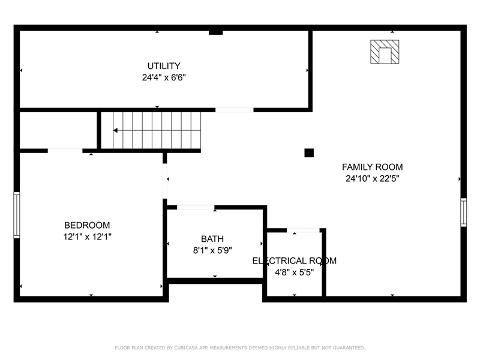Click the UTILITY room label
point(164,66)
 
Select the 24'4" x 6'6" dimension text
point(164,77)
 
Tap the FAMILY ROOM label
point(372,167)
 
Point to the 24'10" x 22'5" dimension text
point(372,178)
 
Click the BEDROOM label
point(87,225)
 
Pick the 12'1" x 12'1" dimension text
point(87,236)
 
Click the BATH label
point(212,239)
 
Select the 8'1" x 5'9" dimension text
point(212,250)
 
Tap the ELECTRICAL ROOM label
point(294,261)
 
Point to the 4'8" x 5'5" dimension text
point(294,272)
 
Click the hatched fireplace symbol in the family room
point(385,52)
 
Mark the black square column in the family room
point(309,153)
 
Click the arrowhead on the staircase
point(115,130)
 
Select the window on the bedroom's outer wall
point(17,215)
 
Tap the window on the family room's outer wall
point(463,212)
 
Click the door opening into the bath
point(196,208)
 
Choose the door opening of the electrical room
point(303,230)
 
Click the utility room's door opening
point(234,110)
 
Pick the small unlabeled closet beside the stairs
point(58,130)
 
